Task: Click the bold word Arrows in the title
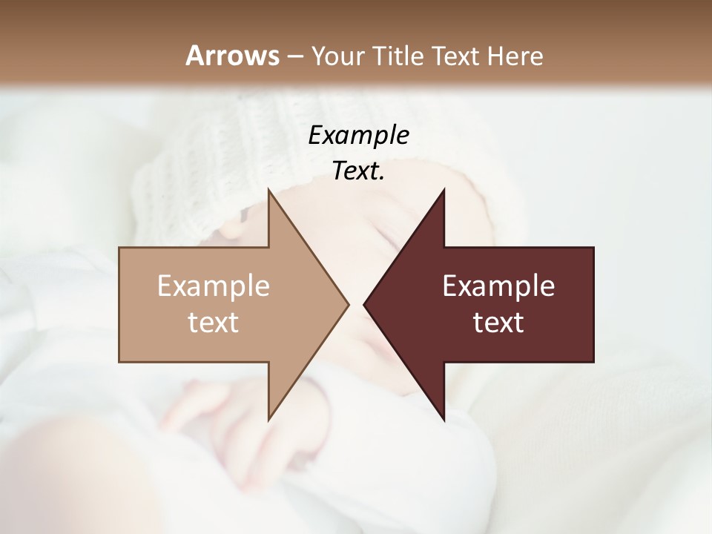[232, 56]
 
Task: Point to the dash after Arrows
[294, 56]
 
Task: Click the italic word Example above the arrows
[358, 135]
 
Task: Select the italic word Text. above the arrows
[358, 171]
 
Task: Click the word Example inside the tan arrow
[214, 286]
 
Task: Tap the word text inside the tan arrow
[214, 322]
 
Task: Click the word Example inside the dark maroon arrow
[498, 286]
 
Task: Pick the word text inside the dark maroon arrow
[498, 322]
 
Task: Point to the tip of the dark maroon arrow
[365, 304]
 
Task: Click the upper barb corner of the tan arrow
[269, 190]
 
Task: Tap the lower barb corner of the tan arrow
[269, 419]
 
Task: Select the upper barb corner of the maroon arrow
[444, 190]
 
